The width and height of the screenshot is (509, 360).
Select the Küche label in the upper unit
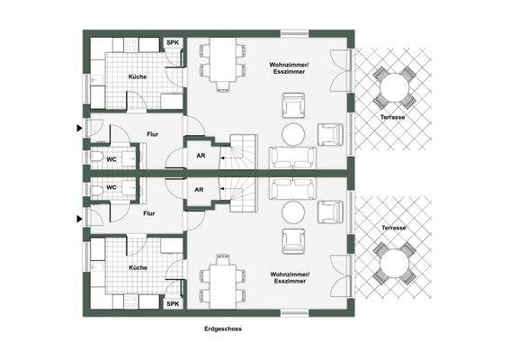coord(137,76)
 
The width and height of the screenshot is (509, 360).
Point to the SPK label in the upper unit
coord(172,42)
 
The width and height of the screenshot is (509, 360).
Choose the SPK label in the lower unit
coord(172,303)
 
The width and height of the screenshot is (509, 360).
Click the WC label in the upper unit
coord(112,159)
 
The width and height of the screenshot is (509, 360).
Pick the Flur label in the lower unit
coord(149,213)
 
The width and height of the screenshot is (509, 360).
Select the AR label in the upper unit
coord(201,154)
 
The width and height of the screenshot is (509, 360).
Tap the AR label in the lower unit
coord(201,190)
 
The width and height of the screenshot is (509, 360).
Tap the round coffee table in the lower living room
coord(294,211)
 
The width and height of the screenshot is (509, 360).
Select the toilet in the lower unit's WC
coord(96,189)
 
